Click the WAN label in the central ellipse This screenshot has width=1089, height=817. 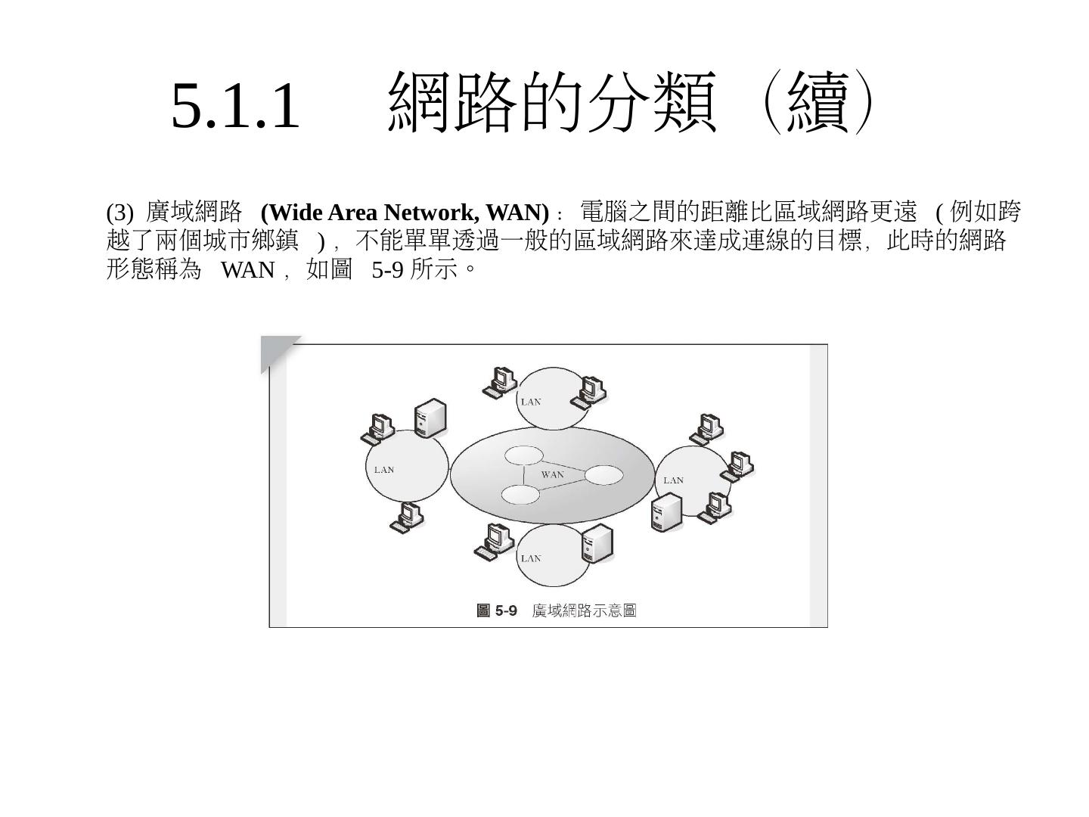point(552,474)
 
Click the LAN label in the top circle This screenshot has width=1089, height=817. point(531,402)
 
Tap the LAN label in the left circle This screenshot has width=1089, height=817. point(384,470)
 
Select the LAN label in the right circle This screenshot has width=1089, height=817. point(673,480)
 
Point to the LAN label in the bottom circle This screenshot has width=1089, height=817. point(531,558)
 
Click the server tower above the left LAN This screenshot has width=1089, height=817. point(430,417)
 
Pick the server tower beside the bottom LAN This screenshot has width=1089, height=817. point(597,542)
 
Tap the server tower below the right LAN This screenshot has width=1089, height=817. point(666,511)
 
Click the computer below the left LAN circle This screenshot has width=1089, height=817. point(406,517)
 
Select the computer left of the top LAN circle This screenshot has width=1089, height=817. point(500,381)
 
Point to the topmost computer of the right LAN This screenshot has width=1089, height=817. point(707,429)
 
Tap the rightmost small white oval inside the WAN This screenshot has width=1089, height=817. point(603,475)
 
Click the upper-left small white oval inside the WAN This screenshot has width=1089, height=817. point(523,455)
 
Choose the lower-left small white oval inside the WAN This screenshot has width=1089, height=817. point(520,495)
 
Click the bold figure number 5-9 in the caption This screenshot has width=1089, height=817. point(505,610)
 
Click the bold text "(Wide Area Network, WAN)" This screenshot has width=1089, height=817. point(405,212)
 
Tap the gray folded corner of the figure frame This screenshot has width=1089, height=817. point(276,351)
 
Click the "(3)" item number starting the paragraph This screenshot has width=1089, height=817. point(119,212)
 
